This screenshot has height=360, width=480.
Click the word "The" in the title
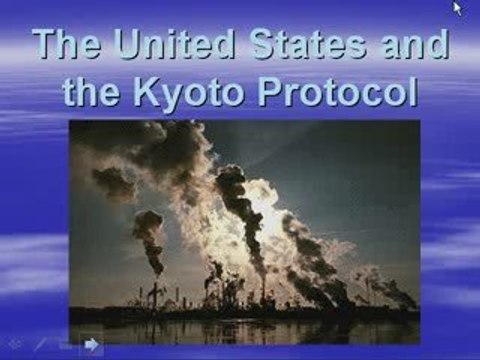[68, 46]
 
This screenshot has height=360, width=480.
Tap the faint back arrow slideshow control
[14, 345]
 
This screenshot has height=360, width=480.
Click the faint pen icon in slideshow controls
[41, 345]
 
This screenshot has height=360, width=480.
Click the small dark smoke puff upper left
[113, 182]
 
